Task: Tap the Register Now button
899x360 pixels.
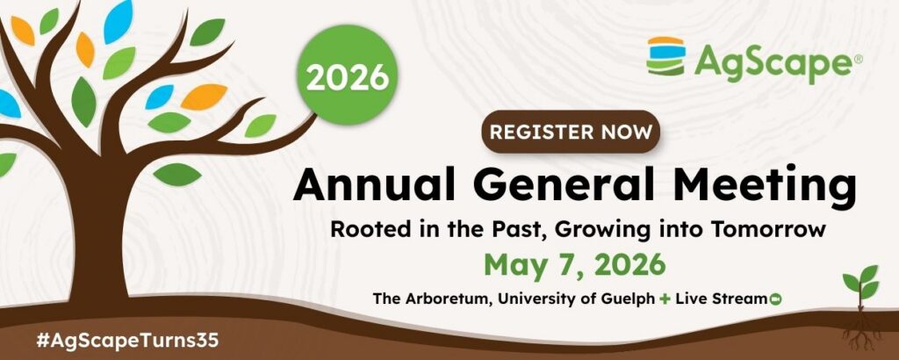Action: point(571,132)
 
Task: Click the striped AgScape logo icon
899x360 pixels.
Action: point(665,56)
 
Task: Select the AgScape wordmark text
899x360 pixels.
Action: point(773,61)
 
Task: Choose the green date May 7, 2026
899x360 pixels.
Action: point(575,265)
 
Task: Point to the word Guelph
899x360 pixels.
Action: point(629,299)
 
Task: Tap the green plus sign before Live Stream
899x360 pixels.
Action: point(665,299)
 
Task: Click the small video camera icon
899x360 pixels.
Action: point(776,299)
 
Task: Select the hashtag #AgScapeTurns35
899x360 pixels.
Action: point(127,340)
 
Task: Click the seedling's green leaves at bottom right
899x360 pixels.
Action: point(861,282)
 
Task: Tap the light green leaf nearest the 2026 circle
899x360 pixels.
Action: point(261,126)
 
